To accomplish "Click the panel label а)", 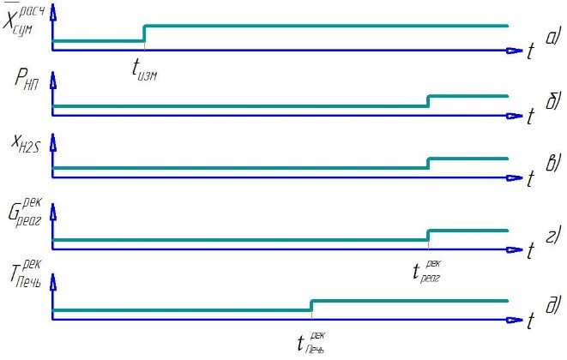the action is (x=553, y=36).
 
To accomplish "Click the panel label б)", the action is (x=553, y=100).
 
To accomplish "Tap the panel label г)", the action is (x=554, y=235).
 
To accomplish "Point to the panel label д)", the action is (x=553, y=304).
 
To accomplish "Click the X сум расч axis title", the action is (x=23, y=19).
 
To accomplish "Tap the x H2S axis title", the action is (x=26, y=144).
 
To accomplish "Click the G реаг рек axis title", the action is (x=25, y=213).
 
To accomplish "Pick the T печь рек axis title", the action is (x=26, y=273).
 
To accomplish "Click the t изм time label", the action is (x=145, y=69).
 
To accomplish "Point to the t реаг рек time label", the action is (x=426, y=272).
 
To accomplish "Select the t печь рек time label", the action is (x=311, y=343).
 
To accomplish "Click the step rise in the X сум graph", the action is (x=144, y=33).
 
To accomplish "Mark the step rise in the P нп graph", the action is (x=429, y=101).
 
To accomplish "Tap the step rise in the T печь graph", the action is (x=311, y=305).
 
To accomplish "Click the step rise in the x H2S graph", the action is (x=429, y=164).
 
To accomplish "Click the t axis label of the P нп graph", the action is (x=530, y=117).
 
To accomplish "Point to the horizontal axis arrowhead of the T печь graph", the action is (x=514, y=320).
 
